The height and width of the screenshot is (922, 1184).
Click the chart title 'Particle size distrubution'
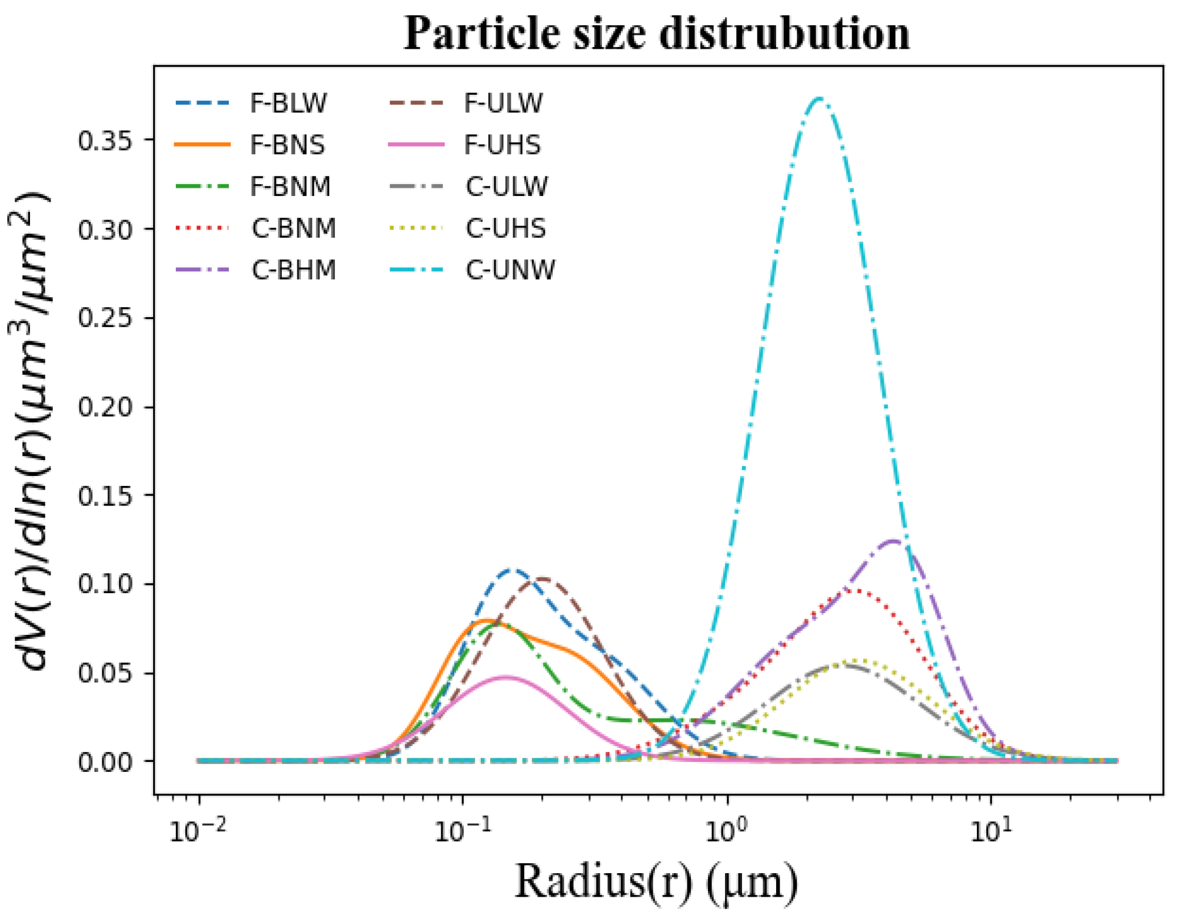(656, 34)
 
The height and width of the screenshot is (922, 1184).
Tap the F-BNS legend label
(288, 145)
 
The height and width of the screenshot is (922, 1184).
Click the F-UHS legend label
(502, 145)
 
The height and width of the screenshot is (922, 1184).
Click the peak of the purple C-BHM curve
(893, 541)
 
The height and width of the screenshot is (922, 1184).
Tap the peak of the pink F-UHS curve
(505, 677)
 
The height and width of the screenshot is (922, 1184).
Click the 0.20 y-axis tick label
(105, 407)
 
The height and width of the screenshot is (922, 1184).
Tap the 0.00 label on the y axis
(105, 762)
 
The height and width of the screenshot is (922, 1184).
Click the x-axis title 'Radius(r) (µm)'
(656, 882)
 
